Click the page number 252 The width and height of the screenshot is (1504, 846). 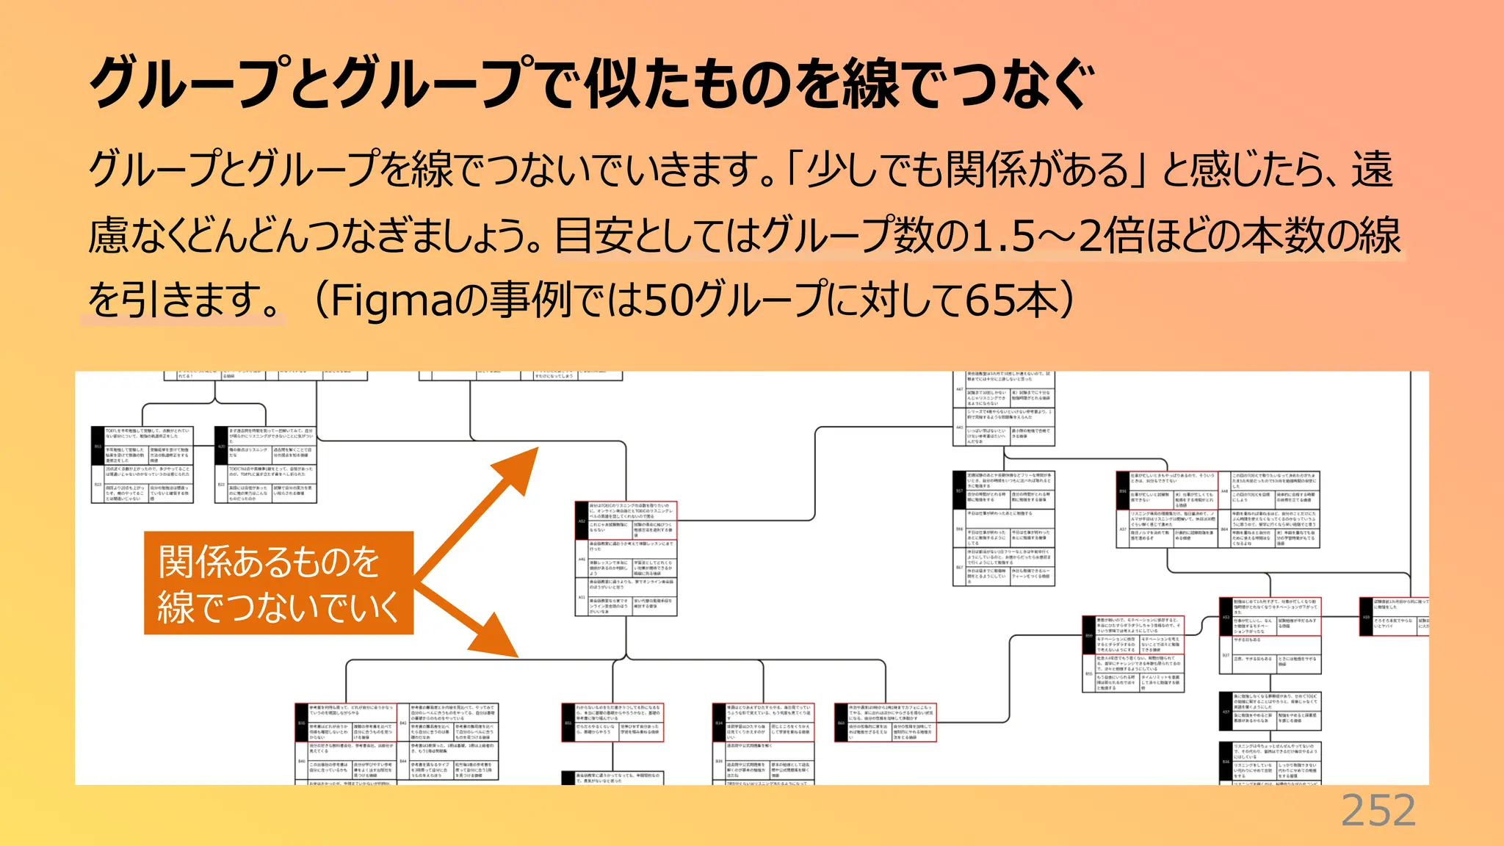(x=1378, y=811)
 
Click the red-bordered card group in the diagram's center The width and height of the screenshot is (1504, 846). (x=626, y=558)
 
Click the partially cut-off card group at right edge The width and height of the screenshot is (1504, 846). (x=1394, y=616)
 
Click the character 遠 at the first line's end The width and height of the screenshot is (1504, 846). (x=1372, y=170)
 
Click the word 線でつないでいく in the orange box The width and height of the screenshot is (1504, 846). (x=278, y=607)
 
